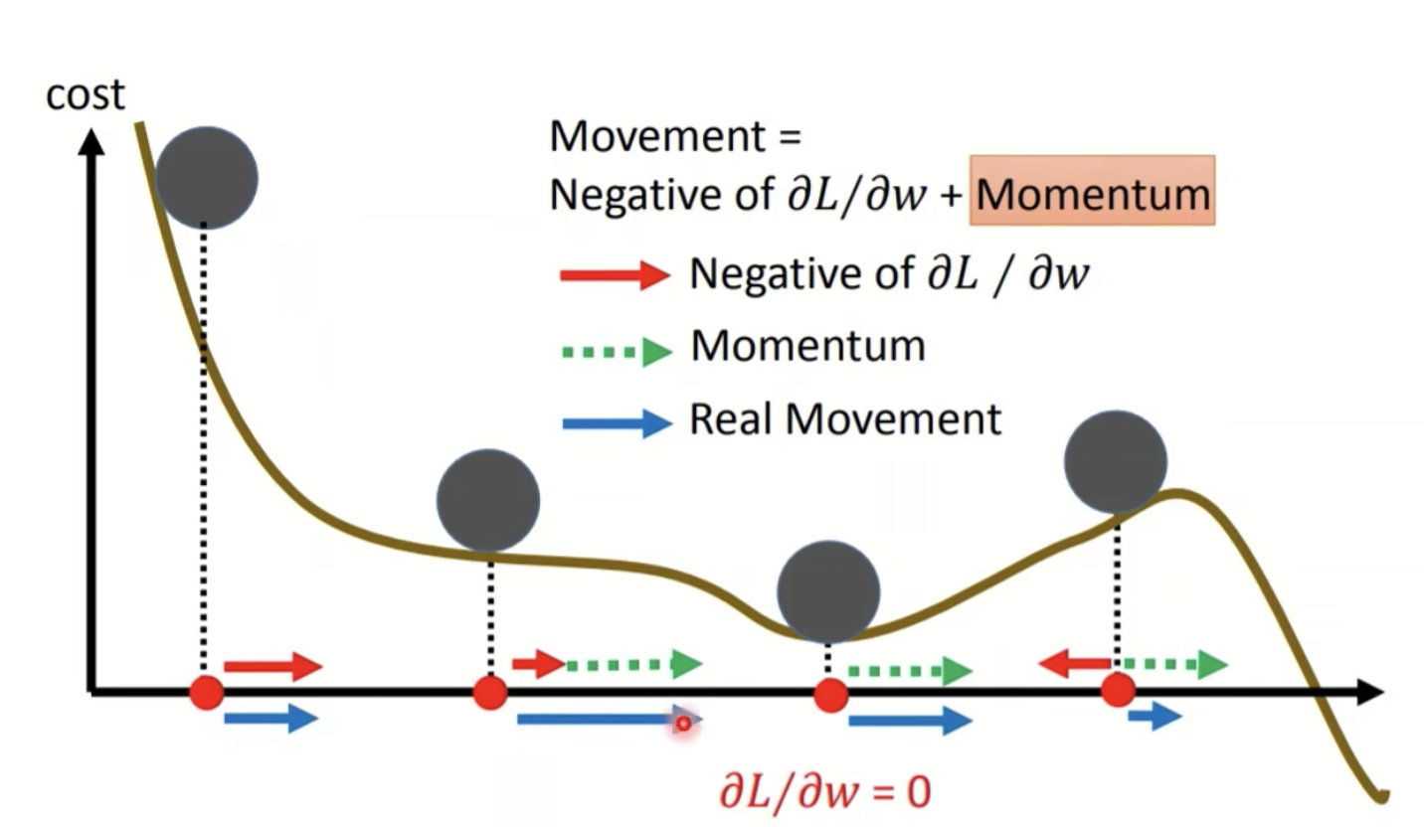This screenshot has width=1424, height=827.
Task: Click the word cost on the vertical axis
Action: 86,96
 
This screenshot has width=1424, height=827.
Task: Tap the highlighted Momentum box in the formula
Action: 1092,191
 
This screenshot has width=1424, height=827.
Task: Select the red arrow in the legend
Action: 615,275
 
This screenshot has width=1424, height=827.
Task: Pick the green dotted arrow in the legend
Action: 618,352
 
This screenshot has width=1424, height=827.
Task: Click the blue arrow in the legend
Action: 618,423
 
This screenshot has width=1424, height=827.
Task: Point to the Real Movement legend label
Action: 845,419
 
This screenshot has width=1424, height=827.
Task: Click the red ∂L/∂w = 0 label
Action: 825,792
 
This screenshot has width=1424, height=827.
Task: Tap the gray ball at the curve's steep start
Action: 207,178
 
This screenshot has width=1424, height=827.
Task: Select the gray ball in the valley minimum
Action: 828,591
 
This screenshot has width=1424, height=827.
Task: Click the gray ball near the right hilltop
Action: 1116,461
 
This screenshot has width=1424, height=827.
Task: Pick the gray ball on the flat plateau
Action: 488,501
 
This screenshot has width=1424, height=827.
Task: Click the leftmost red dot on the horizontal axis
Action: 207,692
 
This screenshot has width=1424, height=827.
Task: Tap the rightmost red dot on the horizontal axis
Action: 1119,691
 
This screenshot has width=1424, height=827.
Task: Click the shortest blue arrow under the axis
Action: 1155,717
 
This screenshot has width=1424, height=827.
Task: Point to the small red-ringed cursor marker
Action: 683,724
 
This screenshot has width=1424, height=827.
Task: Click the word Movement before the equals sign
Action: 657,136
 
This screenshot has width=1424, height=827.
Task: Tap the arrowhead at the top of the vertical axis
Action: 91,141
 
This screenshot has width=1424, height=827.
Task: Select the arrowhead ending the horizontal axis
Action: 1371,692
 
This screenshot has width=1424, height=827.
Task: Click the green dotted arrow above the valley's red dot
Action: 910,671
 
